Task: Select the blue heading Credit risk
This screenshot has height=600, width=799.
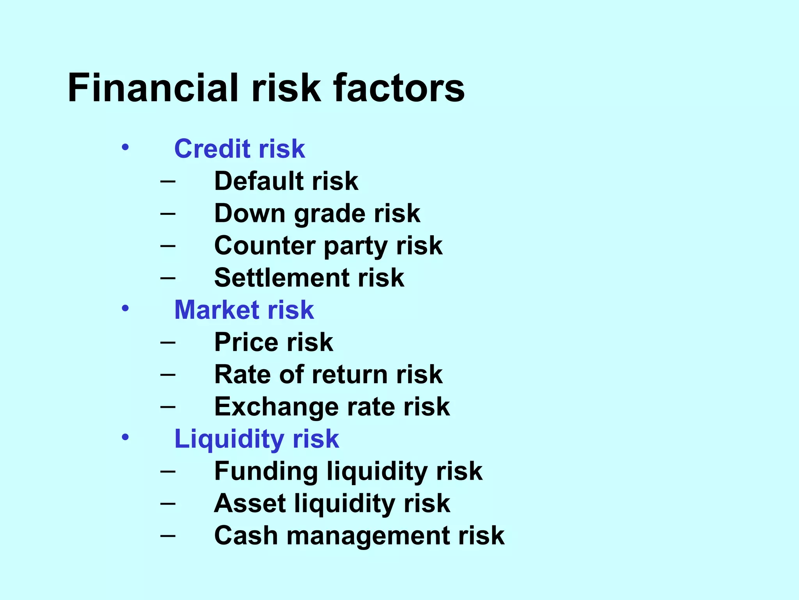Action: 239,149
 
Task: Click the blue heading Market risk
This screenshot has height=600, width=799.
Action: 244,310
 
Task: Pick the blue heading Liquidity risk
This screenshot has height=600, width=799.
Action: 256,439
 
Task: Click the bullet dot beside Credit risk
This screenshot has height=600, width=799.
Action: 125,148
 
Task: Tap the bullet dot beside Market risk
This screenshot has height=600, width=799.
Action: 125,309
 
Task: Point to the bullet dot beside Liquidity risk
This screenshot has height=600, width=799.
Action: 125,437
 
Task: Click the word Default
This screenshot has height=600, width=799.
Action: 258,181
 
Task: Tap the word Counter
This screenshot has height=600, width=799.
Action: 264,246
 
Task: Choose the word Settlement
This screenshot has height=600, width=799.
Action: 281,278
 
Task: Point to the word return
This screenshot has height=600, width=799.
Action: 349,375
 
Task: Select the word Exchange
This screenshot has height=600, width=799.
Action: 276,407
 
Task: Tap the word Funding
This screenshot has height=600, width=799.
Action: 266,471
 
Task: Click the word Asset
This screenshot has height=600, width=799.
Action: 250,504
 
